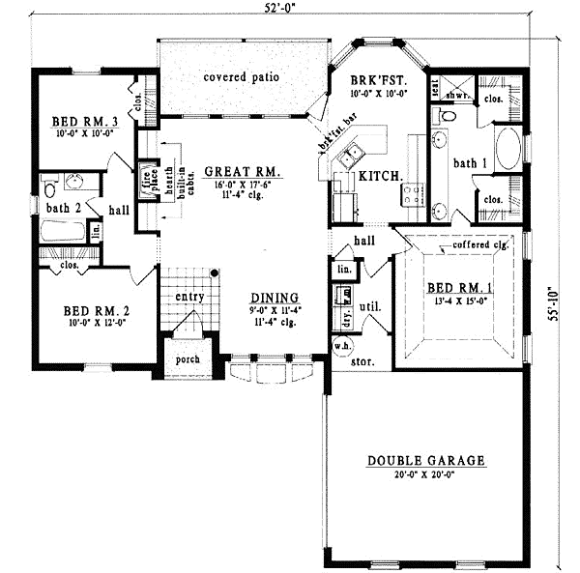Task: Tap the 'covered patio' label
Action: click(x=241, y=76)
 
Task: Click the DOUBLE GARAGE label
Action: click(x=424, y=461)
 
